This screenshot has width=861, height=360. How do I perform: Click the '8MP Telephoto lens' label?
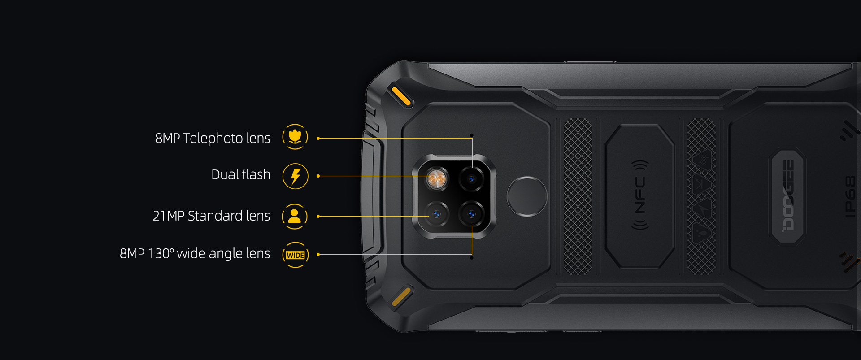(213, 138)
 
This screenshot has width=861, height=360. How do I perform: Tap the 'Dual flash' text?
(241, 174)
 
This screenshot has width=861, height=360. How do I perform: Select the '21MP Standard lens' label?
(211, 216)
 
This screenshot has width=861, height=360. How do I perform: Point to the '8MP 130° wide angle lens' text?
(195, 253)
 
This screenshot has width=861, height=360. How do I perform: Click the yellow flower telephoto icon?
(295, 137)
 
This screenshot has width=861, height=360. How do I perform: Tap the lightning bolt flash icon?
(296, 176)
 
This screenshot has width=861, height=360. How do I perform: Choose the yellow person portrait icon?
(295, 216)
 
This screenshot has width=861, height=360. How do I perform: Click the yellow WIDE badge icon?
(296, 255)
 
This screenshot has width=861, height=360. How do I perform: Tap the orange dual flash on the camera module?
(436, 179)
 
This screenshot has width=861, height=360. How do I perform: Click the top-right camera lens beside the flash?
(471, 179)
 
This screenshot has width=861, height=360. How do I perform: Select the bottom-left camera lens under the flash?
(436, 214)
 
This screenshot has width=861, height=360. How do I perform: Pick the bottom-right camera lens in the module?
(471, 214)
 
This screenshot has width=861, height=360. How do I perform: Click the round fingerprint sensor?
(527, 196)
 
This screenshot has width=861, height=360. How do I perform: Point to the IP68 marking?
(850, 197)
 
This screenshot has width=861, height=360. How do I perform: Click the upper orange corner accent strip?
(401, 96)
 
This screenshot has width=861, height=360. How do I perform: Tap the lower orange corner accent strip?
(401, 296)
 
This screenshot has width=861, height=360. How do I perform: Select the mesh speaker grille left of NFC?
(578, 196)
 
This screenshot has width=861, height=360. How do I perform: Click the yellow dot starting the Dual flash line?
(318, 176)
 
